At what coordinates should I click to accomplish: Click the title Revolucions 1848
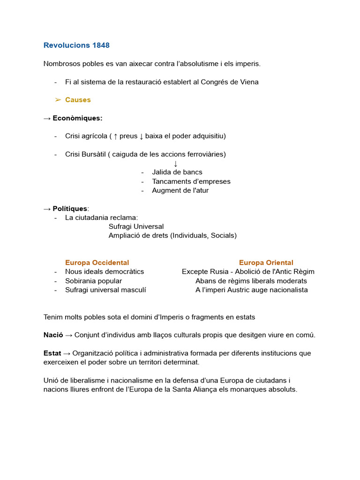[76, 45]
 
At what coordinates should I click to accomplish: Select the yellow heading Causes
[78, 100]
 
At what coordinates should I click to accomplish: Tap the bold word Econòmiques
[77, 118]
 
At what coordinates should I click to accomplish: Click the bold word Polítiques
[70, 209]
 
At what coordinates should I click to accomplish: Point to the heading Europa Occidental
[97, 262]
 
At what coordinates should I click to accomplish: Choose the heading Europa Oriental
[266, 262]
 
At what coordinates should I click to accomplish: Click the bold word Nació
[53, 335]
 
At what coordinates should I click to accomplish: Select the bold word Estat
[52, 353]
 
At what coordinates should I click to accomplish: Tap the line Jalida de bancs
[177, 172]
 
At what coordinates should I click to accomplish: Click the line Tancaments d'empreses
[191, 181]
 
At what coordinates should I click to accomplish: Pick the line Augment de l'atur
[180, 190]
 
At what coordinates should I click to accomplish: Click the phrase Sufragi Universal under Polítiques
[136, 226]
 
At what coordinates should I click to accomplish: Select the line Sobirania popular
[93, 281]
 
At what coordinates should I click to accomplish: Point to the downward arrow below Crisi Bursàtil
[176, 164]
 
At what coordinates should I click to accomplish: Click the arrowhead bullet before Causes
[58, 100]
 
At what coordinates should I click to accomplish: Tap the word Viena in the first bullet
[248, 82]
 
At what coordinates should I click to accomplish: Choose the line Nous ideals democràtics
[105, 271]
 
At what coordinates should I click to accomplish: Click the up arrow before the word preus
[115, 136]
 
